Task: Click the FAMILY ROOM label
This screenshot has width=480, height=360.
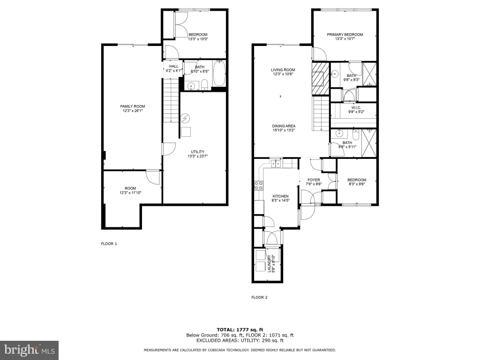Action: [133, 106]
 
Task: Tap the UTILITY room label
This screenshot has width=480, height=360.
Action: [198, 152]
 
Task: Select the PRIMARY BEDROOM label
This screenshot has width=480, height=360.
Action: [345, 35]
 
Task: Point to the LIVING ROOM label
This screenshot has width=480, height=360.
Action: [283, 70]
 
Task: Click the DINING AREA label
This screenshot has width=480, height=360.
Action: [284, 126]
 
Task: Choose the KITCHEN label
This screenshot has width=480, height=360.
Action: [281, 196]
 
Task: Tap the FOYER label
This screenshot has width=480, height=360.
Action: [314, 180]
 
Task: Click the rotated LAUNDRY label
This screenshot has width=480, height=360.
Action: [270, 264]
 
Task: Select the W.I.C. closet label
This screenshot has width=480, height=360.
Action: [356, 108]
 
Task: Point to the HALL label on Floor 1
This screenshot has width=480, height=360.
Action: [174, 66]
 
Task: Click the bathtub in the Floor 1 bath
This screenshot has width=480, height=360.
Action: [219, 74]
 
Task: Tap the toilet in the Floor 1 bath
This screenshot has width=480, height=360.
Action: [204, 85]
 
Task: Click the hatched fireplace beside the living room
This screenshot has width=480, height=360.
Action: [320, 78]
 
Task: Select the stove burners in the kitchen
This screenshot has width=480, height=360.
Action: [259, 185]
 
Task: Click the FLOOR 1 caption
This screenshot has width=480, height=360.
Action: [109, 244]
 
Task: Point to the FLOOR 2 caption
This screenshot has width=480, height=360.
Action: [260, 297]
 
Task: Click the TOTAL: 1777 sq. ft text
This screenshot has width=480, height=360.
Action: [240, 330]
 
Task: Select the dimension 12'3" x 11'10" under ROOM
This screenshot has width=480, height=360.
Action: [130, 193]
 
